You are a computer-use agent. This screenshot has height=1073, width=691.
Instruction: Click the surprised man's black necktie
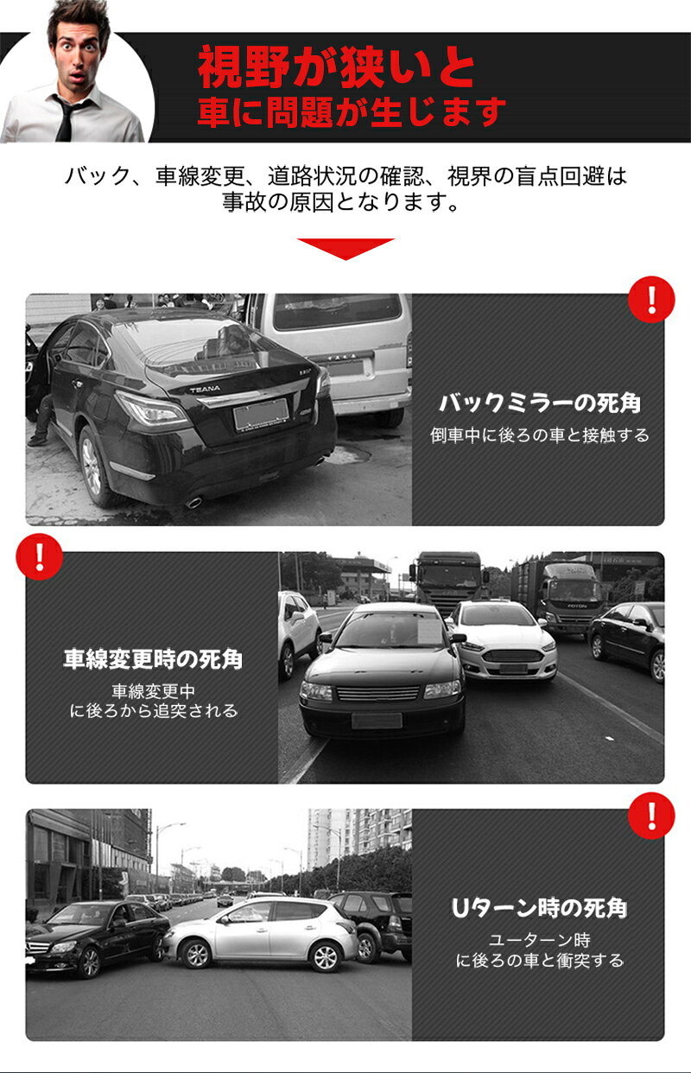65,120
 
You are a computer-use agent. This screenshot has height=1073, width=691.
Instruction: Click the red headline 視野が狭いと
337,67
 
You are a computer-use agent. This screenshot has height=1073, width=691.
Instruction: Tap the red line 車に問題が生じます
352,111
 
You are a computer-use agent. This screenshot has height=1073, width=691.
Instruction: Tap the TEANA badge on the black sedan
205,389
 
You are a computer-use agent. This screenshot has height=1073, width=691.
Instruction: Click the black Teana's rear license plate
261,414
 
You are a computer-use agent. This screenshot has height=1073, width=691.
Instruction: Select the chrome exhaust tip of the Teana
193,503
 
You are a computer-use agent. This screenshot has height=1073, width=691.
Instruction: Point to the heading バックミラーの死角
540,403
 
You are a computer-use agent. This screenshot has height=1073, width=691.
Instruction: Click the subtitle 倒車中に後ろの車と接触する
540,435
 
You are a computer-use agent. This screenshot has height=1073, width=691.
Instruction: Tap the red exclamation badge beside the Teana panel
651,300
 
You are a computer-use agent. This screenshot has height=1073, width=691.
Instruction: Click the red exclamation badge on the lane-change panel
39,556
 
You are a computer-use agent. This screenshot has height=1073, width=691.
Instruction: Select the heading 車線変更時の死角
153,659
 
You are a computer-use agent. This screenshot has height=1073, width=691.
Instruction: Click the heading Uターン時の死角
540,908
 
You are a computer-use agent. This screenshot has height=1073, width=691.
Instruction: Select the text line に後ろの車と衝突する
540,960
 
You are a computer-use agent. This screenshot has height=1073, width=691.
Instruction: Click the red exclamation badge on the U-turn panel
651,816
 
